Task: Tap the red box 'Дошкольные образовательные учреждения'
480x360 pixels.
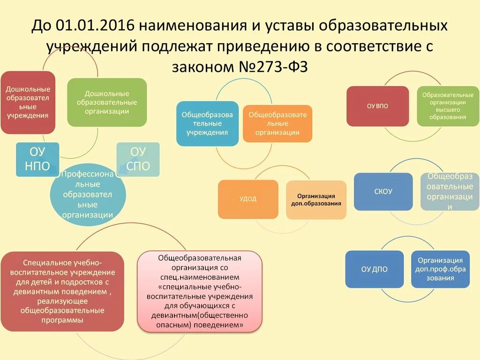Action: [x=28, y=102]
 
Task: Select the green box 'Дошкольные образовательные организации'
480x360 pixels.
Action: [x=107, y=102]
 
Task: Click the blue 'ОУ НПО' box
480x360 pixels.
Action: [x=37, y=159]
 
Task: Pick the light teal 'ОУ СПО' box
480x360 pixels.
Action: [x=138, y=159]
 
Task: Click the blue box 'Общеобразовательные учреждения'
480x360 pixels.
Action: [x=207, y=124]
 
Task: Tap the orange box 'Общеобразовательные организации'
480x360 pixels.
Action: [x=277, y=124]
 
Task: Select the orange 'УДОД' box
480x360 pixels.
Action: [x=248, y=199]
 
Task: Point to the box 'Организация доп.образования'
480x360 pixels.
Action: [x=316, y=200]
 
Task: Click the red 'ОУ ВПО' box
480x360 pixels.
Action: [x=377, y=106]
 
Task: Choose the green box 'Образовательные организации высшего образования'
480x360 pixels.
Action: [x=448, y=106]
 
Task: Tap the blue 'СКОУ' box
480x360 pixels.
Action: [x=383, y=191]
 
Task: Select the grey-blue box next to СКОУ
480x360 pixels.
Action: [x=450, y=191]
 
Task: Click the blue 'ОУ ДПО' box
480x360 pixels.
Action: [x=374, y=269]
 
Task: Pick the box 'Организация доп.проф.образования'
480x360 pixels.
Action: [x=440, y=269]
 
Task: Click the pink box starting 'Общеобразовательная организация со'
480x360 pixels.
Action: [x=199, y=292]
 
